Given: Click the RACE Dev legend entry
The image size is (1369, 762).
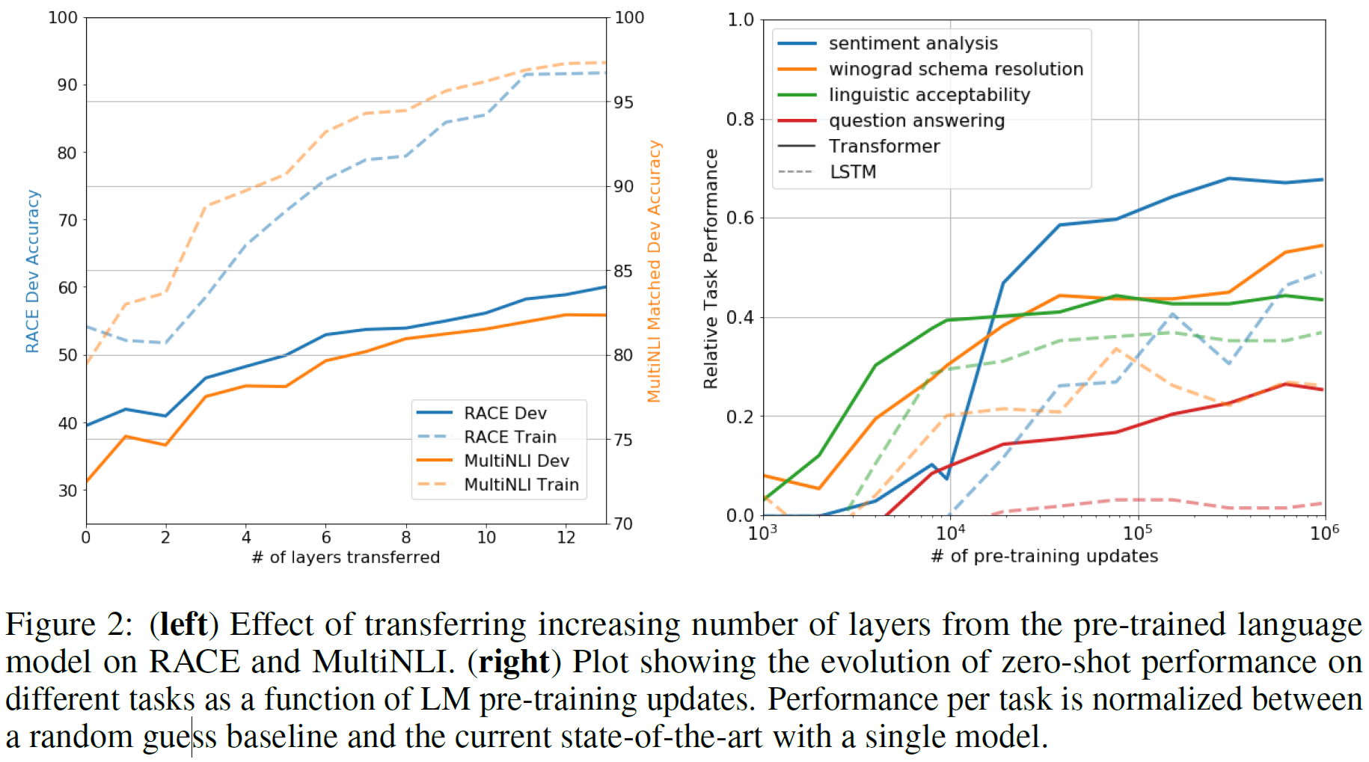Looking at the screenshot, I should click(x=505, y=413).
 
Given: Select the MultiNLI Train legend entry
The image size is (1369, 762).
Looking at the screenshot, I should click(x=521, y=485).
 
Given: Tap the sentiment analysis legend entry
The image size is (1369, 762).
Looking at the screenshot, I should click(x=913, y=43).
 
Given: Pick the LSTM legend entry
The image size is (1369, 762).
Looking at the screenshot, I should click(x=852, y=172).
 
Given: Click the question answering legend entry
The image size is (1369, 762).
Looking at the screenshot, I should click(x=916, y=120).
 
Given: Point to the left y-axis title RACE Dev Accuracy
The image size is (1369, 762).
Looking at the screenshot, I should click(x=32, y=271).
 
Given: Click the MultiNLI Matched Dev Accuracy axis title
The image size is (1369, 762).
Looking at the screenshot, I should click(x=655, y=271).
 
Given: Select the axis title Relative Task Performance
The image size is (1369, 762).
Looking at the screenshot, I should click(x=711, y=268).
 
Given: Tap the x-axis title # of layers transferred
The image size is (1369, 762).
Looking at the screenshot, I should click(x=346, y=557).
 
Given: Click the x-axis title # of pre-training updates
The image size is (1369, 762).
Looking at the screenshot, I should click(x=1044, y=556).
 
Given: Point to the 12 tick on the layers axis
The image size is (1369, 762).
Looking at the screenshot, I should click(x=566, y=537).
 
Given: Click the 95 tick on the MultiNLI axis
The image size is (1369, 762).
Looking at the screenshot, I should click(x=624, y=102).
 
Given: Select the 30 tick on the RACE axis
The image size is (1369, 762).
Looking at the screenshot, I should click(x=68, y=491).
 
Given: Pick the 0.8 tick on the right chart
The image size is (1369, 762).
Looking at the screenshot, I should click(x=740, y=119).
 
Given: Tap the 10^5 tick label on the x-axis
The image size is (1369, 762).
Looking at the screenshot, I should click(x=1137, y=532).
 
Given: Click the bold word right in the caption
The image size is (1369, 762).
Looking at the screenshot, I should click(x=514, y=662).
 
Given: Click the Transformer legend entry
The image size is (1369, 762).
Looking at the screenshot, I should click(x=883, y=146).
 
